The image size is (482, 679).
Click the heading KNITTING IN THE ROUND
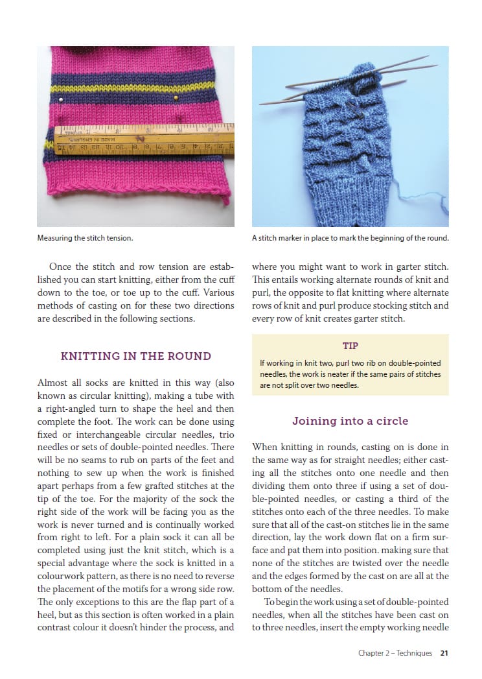point(135,356)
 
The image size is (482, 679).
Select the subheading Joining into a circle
point(350,421)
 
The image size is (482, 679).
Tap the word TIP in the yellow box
point(350,346)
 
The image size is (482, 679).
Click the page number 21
point(444,653)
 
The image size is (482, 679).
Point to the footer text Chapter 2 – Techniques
point(395,653)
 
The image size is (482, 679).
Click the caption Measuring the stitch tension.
point(85,238)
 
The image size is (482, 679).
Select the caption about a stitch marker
point(350,238)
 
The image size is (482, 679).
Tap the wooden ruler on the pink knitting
point(143,139)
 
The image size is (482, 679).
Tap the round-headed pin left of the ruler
point(60,99)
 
